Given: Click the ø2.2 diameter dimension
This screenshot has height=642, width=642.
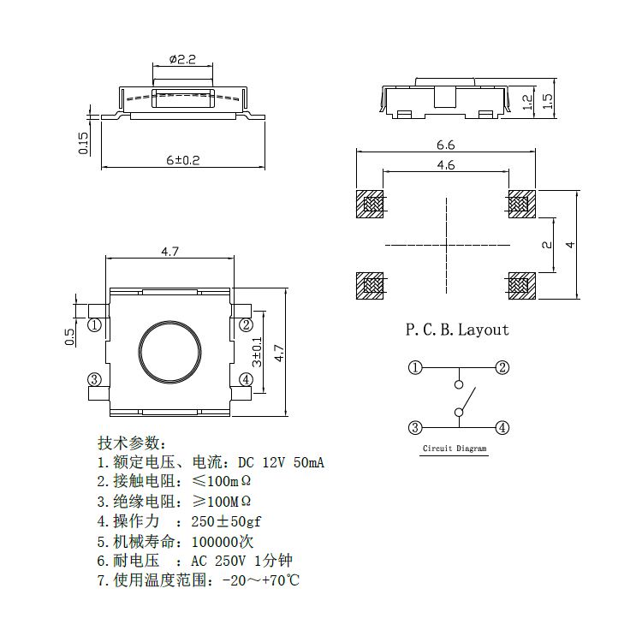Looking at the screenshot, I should pos(183,59).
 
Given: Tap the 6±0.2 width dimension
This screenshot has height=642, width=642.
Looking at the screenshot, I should pos(182,160).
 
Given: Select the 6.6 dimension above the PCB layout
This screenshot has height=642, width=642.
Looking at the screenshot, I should pos(446,145).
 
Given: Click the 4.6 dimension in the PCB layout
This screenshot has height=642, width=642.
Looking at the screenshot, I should pos(446,165).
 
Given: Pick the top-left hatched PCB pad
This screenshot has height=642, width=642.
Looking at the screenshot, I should pos(371,204).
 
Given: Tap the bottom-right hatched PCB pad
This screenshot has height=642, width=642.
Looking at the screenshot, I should pos(520,284).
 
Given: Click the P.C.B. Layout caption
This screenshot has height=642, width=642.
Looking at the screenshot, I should pos(456,330).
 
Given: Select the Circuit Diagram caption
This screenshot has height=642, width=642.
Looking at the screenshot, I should pos(455,449).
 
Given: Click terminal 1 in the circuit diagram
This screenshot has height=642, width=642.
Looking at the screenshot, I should pos(415,368).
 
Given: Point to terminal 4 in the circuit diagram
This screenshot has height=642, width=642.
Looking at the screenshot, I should pos(502,428).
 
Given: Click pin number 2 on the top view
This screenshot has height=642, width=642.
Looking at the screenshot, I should pos(246,324).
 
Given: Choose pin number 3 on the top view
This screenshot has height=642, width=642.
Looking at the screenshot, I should pos(94,380).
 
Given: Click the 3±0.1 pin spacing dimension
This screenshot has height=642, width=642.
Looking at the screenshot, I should pos(256,352).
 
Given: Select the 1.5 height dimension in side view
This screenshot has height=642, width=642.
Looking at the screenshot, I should pos(549,100).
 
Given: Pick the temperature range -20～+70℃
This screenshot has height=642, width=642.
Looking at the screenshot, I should pos(260,580).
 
